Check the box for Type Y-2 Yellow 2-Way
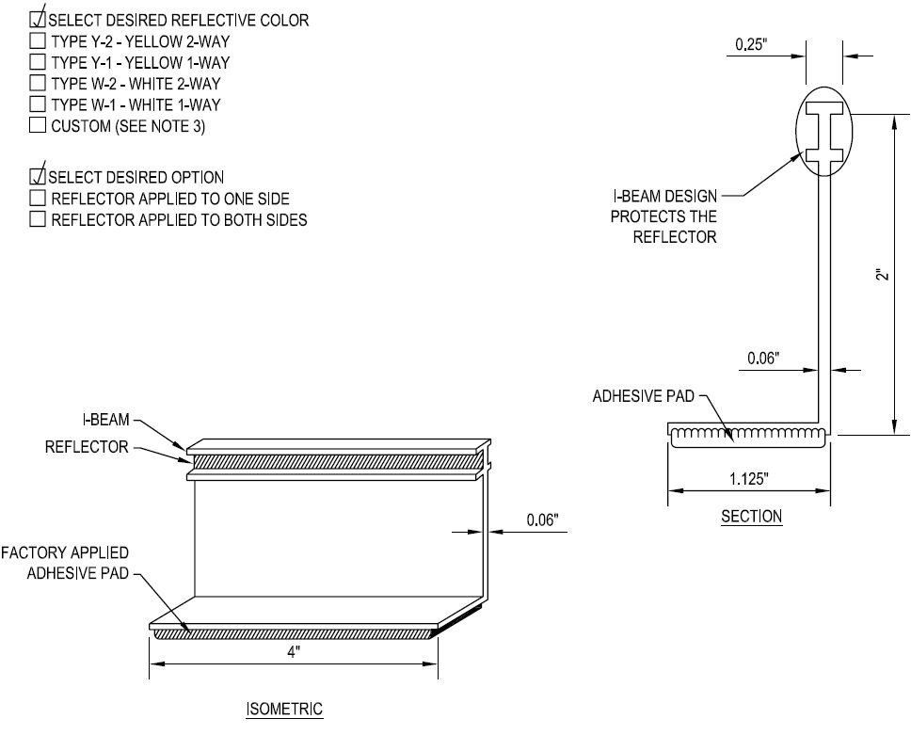coord(38,40)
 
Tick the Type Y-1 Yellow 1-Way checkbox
coord(38,61)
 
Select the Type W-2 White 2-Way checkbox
coord(38,83)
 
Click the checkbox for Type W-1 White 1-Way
coord(38,104)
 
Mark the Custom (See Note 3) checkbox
coord(38,125)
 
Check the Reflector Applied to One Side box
coord(38,199)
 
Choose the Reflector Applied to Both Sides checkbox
coord(38,219)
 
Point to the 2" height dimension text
coord(883,274)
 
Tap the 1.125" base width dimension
coord(749,479)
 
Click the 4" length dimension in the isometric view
coord(294,652)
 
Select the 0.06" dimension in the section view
coord(763,358)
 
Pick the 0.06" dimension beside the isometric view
coord(542,519)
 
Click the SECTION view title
coord(751,516)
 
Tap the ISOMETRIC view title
coord(284,709)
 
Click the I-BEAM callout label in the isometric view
coord(105,420)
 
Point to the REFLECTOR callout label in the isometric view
coord(87,447)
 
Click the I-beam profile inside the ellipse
coord(823,132)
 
